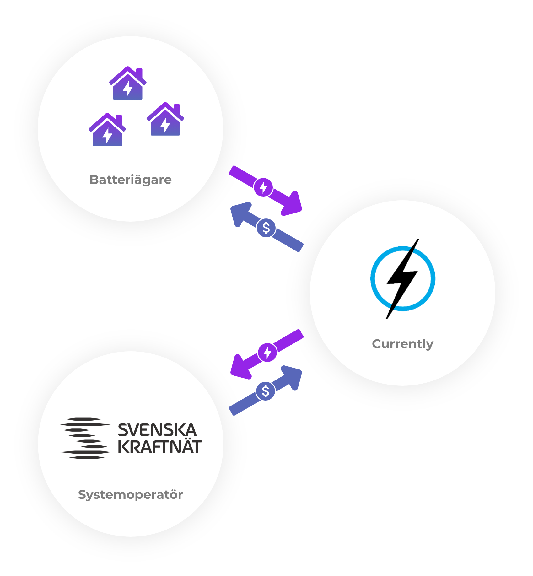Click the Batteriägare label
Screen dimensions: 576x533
131,180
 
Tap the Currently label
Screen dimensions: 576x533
402,344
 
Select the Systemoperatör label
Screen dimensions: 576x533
130,494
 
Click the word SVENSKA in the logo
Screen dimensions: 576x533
157,430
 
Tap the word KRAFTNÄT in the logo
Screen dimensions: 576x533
159,447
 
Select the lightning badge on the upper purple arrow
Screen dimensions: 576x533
263,187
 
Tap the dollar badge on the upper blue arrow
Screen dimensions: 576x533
266,228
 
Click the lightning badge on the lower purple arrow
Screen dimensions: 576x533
267,352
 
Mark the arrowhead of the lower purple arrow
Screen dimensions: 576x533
240,367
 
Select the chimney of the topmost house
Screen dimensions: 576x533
139,73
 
